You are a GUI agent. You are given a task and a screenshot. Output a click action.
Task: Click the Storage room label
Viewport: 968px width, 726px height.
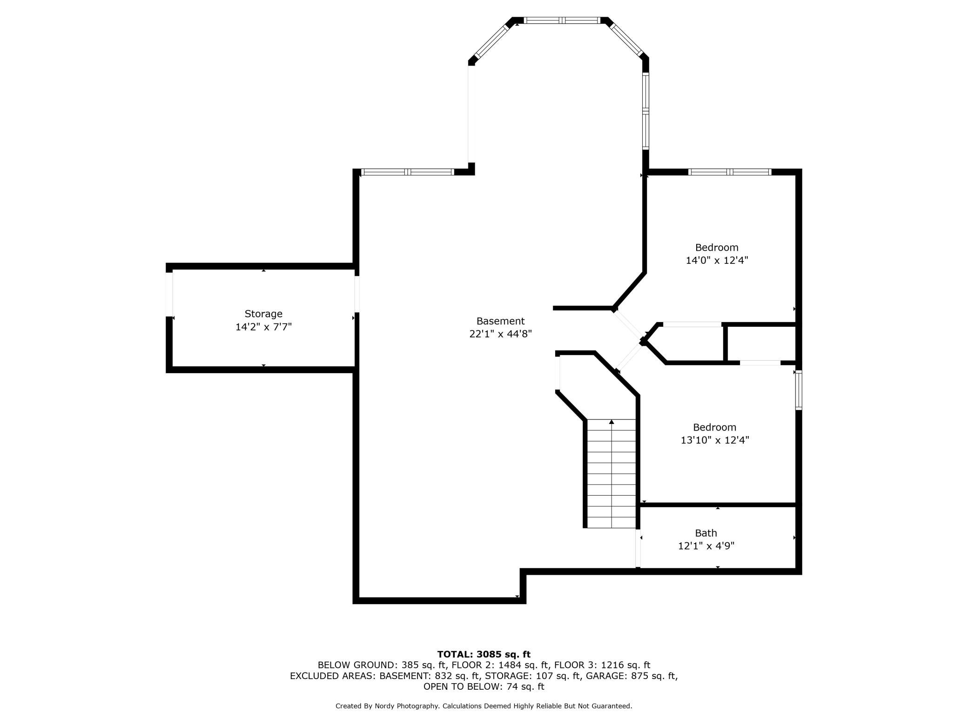pyautogui.click(x=263, y=314)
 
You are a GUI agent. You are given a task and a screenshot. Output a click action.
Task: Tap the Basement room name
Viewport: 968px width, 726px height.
pyautogui.click(x=500, y=321)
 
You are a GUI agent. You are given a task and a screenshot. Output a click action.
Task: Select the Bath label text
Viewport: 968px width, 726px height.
pyautogui.click(x=706, y=533)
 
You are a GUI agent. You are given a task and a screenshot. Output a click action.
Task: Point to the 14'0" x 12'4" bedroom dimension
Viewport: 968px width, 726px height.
pyautogui.click(x=717, y=261)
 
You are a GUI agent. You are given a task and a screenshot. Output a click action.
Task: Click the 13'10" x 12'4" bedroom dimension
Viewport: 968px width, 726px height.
pyautogui.click(x=715, y=440)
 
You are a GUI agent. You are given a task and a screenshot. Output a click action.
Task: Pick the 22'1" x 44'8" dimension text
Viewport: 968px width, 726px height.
pyautogui.click(x=500, y=334)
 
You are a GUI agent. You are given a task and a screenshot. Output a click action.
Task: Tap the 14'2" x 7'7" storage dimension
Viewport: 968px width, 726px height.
pyautogui.click(x=263, y=327)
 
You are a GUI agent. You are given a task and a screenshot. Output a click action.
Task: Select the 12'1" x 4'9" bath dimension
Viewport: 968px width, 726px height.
pyautogui.click(x=706, y=546)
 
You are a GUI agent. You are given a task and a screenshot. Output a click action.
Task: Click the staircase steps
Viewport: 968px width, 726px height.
pyautogui.click(x=612, y=474)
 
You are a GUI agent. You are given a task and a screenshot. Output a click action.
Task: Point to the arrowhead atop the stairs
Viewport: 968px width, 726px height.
pyautogui.click(x=612, y=422)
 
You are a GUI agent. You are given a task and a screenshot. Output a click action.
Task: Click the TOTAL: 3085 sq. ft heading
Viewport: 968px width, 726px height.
pyautogui.click(x=484, y=654)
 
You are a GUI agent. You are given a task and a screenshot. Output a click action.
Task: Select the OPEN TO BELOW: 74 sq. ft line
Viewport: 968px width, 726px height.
pyautogui.click(x=484, y=686)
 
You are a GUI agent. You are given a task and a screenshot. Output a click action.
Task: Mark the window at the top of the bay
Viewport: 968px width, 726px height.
pyautogui.click(x=562, y=20)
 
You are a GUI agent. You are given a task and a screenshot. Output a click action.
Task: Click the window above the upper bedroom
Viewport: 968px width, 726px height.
pyautogui.click(x=730, y=172)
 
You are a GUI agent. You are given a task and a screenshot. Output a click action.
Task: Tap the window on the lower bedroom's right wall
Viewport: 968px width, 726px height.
pyautogui.click(x=799, y=390)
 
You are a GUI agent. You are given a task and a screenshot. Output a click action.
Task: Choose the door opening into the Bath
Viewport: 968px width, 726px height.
pyautogui.click(x=638, y=548)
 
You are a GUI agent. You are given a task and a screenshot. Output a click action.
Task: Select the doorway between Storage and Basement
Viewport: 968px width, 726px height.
pyautogui.click(x=357, y=294)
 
